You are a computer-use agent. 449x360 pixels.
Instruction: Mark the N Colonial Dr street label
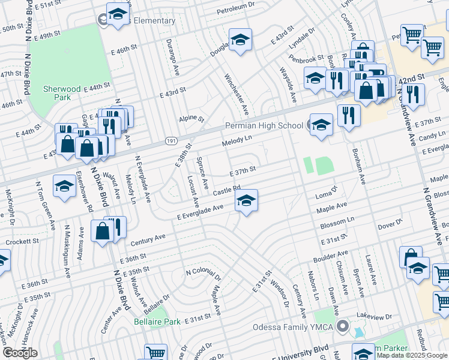click(203, 275)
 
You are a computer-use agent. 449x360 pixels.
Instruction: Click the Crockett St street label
click(22, 242)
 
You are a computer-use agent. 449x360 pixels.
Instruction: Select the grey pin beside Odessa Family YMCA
click(343, 327)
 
